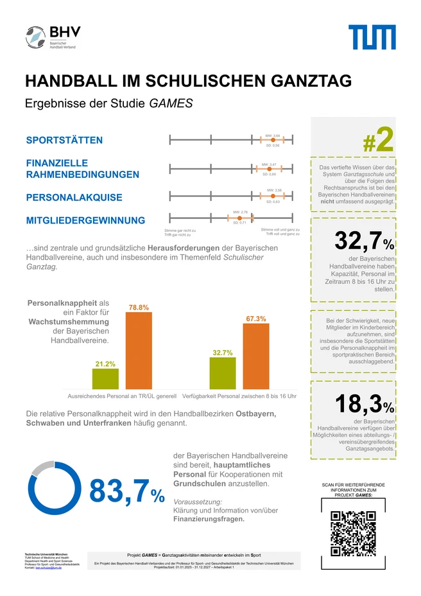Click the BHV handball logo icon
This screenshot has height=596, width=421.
click(36, 37)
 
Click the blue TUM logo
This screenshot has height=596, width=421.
click(372, 37)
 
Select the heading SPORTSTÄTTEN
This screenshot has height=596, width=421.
click(64, 141)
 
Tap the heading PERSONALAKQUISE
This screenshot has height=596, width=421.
click(74, 197)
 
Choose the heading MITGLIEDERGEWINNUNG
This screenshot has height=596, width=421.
click(85, 221)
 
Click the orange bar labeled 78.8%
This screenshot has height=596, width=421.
click(139, 351)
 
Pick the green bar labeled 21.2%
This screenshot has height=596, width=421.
click(105, 379)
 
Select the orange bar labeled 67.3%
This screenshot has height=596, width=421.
click(255, 356)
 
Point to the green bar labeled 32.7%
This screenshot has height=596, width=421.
click(223, 373)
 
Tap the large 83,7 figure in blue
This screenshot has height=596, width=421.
click(120, 491)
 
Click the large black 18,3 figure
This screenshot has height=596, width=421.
click(358, 405)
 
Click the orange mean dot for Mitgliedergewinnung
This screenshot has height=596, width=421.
click(230, 217)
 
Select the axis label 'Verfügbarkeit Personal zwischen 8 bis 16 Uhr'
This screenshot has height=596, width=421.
click(239, 396)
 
